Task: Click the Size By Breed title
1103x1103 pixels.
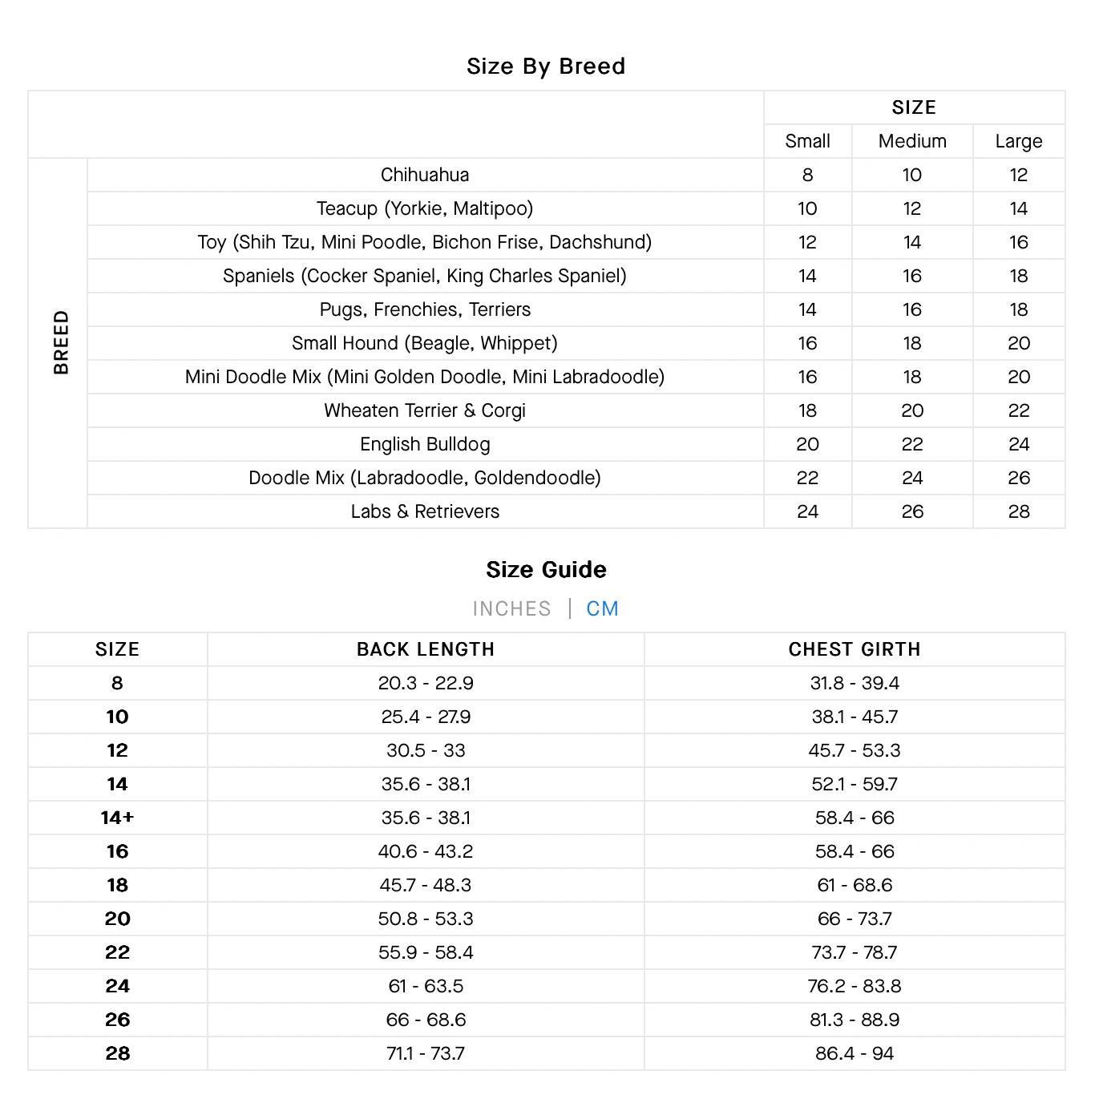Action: (546, 66)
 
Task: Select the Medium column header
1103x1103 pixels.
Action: (912, 141)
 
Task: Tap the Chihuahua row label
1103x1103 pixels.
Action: (425, 175)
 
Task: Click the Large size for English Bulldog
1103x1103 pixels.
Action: (1019, 444)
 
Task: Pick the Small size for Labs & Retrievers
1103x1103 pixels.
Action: (807, 511)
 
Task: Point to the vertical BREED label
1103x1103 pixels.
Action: (61, 343)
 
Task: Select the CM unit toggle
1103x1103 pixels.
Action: (602, 608)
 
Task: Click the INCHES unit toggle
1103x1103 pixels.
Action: (511, 608)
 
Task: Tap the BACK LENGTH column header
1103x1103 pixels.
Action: (426, 649)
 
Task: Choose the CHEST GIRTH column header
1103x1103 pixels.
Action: (855, 649)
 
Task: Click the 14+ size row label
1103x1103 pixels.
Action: (117, 818)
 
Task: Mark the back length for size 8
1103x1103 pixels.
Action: (426, 683)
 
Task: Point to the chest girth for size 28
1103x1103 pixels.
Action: (855, 1053)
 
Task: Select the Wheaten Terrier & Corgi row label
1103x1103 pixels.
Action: (425, 410)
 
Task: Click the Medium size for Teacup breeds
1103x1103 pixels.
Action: (912, 208)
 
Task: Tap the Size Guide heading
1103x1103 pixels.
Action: (546, 569)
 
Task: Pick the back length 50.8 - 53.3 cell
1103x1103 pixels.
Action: (426, 919)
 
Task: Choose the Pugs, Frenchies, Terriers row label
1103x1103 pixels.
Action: (425, 309)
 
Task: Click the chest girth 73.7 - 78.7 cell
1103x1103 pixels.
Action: (855, 952)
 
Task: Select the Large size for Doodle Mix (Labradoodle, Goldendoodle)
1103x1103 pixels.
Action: (1019, 478)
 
